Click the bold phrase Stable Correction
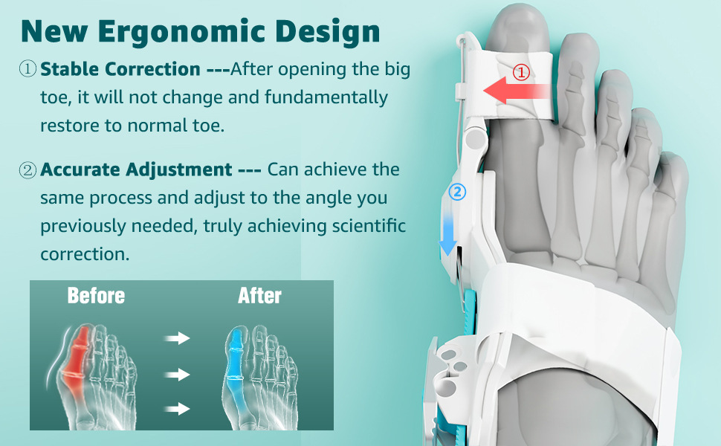click(x=120, y=69)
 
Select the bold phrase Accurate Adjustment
click(x=136, y=169)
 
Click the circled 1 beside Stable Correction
click(x=28, y=69)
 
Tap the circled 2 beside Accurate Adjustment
click(x=28, y=170)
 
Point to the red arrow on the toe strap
click(x=517, y=91)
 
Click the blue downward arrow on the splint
click(x=448, y=233)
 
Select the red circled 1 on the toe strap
click(x=521, y=72)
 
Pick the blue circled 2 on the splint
click(x=457, y=192)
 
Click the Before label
click(x=96, y=296)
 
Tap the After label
click(x=259, y=296)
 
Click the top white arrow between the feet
click(x=177, y=338)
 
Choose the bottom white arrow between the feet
click(x=177, y=408)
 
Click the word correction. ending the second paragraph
click(x=85, y=253)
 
